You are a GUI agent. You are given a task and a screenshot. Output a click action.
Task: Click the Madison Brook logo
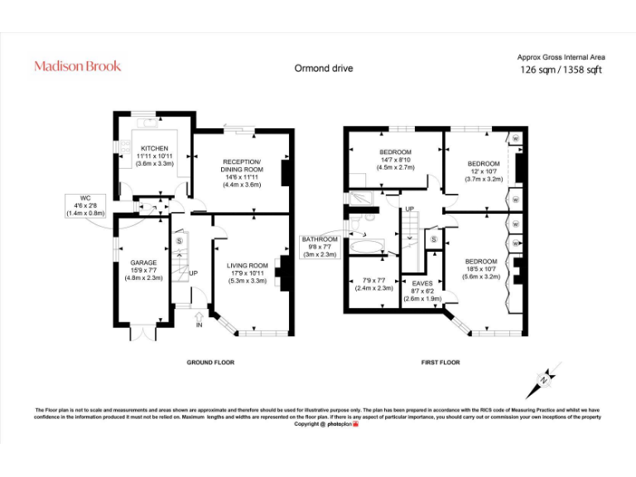pos(77,65)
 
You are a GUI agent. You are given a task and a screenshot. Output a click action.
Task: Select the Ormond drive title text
pos(324,68)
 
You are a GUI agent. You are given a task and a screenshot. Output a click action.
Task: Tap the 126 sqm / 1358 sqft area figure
pos(561,70)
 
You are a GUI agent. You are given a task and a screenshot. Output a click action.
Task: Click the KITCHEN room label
pos(154,148)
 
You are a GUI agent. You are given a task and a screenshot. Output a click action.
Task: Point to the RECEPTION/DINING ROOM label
pos(242,166)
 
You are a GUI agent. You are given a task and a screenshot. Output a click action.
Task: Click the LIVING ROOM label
pos(247,265)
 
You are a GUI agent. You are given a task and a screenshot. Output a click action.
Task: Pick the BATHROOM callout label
pos(320,239)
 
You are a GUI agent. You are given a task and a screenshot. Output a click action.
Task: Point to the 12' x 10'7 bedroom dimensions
pos(484,171)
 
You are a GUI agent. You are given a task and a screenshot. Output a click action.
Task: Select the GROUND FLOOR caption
pos(210,362)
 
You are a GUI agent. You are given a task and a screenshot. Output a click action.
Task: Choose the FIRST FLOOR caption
pos(440,362)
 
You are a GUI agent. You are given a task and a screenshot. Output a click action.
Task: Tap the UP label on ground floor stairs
pos(193,272)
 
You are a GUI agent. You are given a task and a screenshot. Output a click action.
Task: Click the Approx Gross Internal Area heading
pos(561,57)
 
